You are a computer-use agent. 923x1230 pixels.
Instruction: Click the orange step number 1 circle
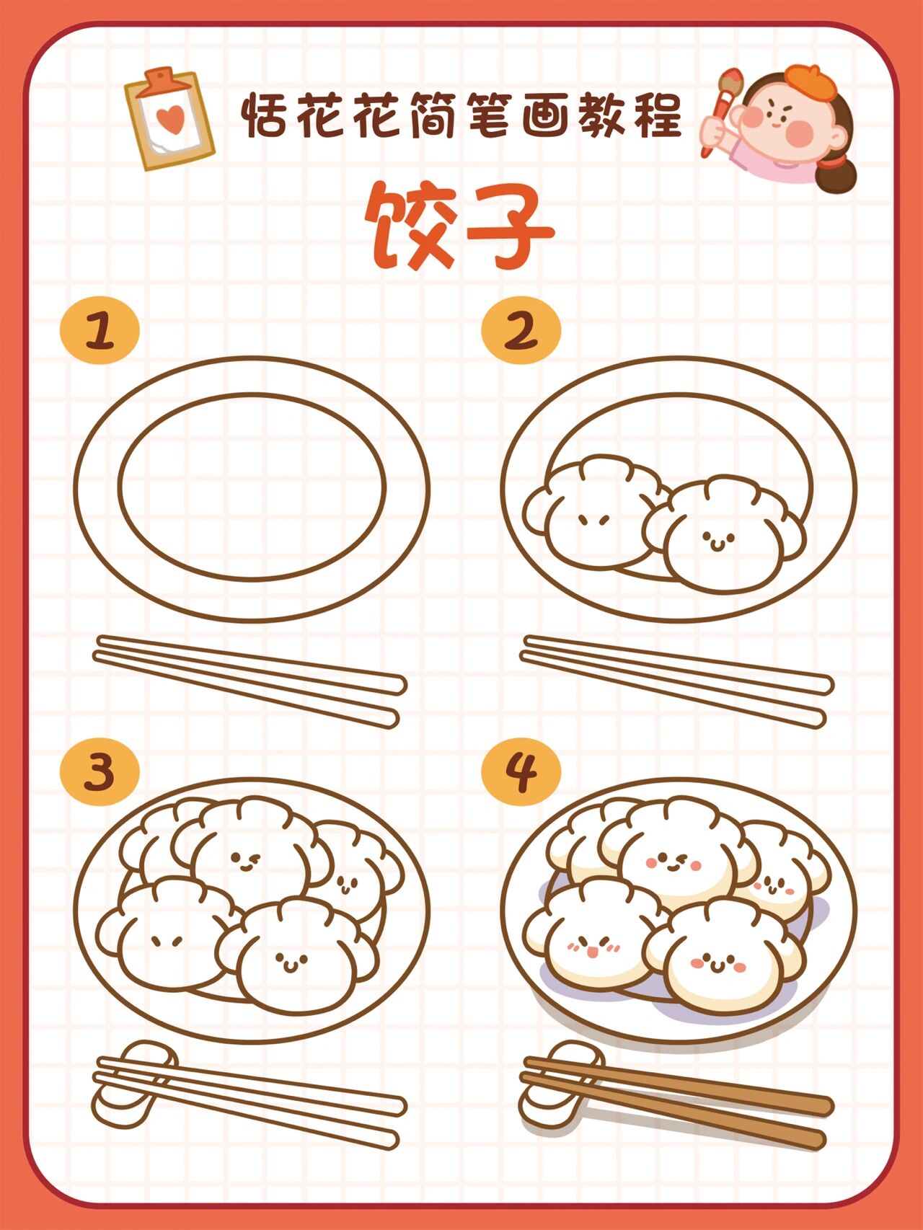tap(100, 330)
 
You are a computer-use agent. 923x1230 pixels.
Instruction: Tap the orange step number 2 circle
tap(521, 330)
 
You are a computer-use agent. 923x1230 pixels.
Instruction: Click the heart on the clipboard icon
tap(170, 119)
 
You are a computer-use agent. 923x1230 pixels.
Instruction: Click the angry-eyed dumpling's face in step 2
tap(596, 521)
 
